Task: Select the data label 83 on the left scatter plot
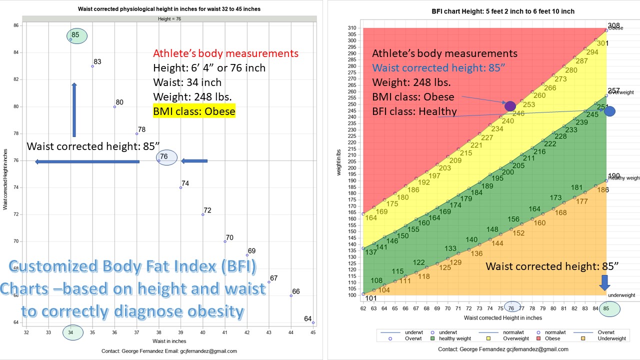click(x=97, y=62)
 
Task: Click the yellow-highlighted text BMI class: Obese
click(x=194, y=111)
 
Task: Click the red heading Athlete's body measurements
click(x=225, y=53)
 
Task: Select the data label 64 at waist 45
click(x=307, y=319)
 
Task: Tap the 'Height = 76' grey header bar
click(x=169, y=19)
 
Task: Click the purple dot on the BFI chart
click(x=509, y=106)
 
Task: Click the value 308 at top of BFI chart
click(x=613, y=25)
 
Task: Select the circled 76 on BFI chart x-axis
click(x=511, y=308)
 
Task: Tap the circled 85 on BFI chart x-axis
click(x=606, y=308)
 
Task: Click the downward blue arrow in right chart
click(x=604, y=283)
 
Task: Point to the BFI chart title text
click(x=503, y=11)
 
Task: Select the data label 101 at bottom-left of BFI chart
click(x=370, y=299)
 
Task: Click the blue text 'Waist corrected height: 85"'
click(x=441, y=68)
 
